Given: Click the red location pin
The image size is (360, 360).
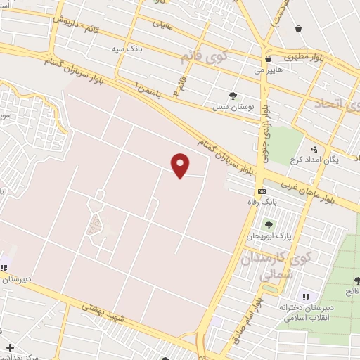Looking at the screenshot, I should click(x=181, y=165).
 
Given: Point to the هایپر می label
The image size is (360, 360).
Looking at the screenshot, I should click(x=269, y=70).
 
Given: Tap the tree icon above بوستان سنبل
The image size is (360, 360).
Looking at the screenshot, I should click(x=232, y=96).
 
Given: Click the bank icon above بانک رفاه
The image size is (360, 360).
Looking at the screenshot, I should click(x=262, y=191).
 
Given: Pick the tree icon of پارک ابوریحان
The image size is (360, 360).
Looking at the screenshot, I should click(x=267, y=225).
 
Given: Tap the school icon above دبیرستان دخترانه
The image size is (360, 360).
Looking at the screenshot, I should click(x=304, y=296).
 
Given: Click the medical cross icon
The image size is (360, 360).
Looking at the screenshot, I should click(x=10, y=347).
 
